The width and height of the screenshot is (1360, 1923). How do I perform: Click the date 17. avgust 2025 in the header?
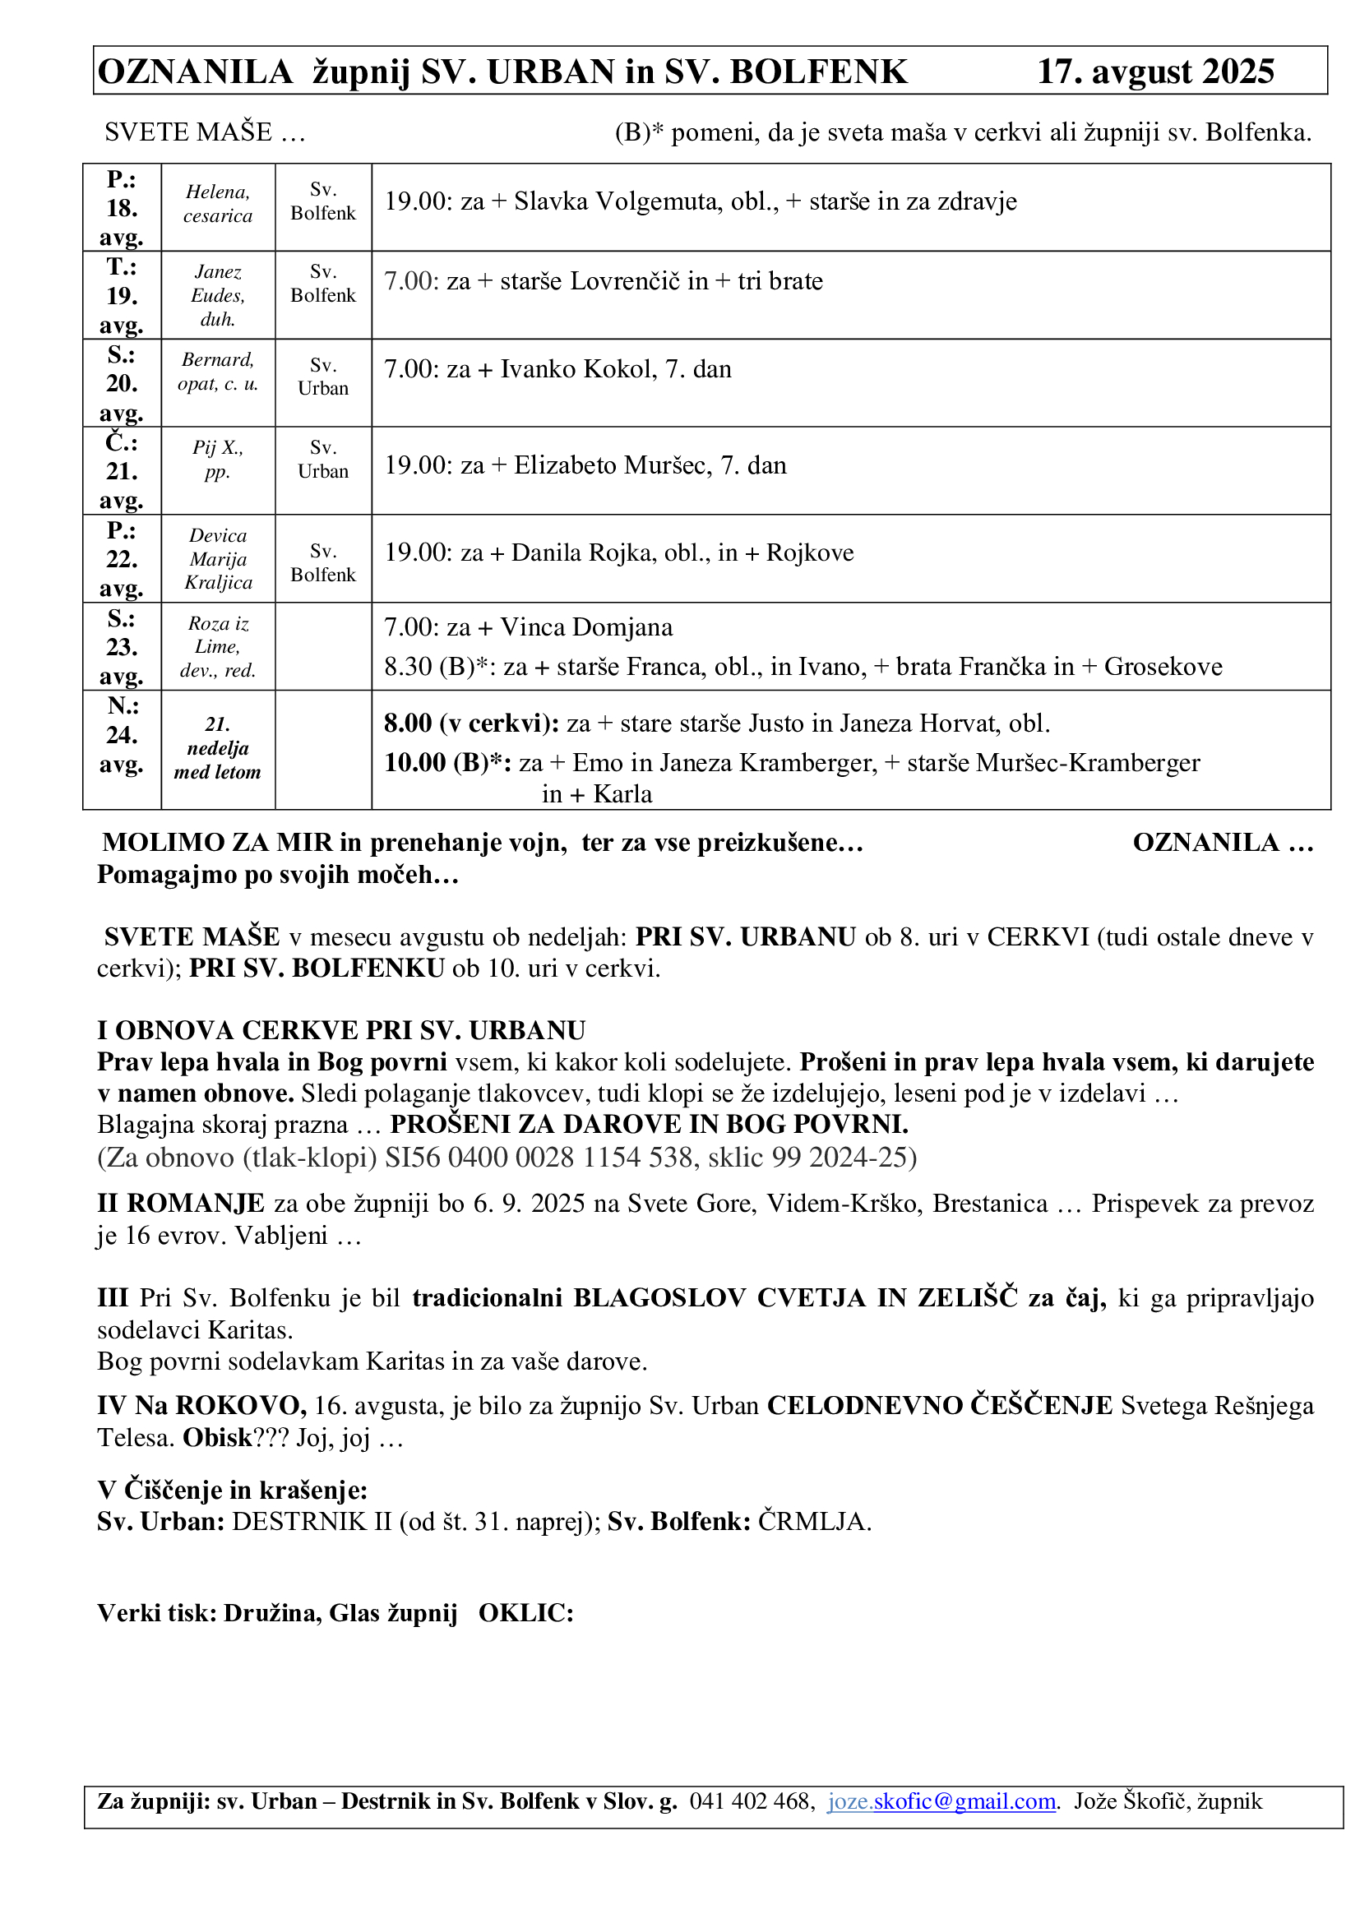click(1155, 72)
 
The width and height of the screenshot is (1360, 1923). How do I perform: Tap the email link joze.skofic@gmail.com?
click(942, 1801)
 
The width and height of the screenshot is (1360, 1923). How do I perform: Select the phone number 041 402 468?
click(751, 1801)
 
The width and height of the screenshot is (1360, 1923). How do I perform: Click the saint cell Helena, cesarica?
click(218, 204)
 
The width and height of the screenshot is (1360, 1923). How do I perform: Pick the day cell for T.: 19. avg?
click(122, 296)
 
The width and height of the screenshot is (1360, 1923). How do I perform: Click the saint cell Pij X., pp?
click(218, 459)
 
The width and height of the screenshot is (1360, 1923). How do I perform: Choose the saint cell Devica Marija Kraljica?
click(218, 558)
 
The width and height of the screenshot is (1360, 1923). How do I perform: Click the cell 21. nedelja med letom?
click(218, 748)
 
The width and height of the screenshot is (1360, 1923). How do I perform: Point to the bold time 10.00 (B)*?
click(447, 763)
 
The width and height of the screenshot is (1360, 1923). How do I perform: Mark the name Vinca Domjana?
click(586, 627)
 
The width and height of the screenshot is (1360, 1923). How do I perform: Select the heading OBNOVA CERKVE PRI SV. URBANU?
click(350, 1030)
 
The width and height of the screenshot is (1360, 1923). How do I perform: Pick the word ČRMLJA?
click(814, 1521)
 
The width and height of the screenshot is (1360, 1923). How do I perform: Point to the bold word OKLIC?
click(526, 1613)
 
